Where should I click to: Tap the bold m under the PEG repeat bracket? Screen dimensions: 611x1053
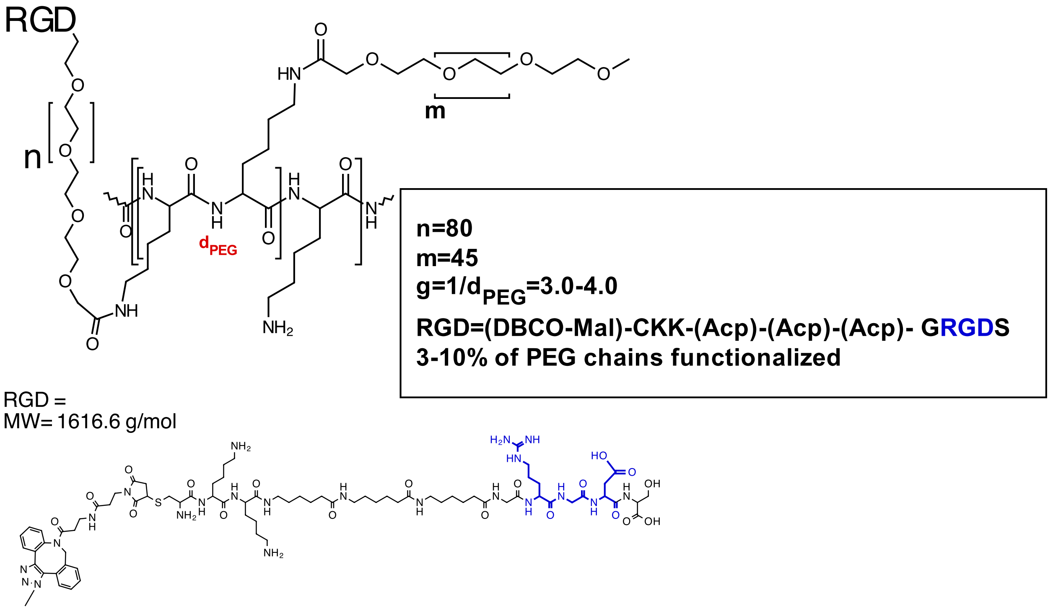pos(435,111)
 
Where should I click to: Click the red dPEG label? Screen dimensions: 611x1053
pos(218,246)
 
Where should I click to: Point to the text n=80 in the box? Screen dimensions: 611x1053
pos(444,228)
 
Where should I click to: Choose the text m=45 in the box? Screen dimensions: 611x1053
pos(446,258)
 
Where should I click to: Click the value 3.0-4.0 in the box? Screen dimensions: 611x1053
pos(578,286)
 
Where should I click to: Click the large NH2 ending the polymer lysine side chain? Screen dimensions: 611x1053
pos(278,328)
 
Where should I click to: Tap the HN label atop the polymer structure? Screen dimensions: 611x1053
pos(289,74)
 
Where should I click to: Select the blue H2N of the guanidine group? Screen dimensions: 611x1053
pos(500,440)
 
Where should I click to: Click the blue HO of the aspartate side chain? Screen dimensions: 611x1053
pos(599,456)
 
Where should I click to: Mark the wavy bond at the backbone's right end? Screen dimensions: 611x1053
pos(386,201)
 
